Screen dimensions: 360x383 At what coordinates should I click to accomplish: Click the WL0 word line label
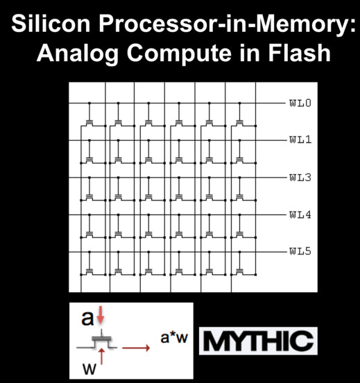pos(300,103)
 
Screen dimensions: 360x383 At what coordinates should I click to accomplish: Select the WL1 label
pos(300,139)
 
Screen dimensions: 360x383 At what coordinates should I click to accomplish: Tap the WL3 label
pos(300,178)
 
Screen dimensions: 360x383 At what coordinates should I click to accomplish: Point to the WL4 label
pos(300,215)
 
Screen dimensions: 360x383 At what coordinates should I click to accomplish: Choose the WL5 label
pos(300,251)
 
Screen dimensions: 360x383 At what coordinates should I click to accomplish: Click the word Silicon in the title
pos(51,23)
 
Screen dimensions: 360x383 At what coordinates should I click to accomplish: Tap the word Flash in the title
pos(300,52)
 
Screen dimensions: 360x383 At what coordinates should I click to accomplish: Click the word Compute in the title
pos(179,54)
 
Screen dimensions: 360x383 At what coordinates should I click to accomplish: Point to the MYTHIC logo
pos(259,341)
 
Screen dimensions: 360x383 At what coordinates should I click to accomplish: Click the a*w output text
pos(174,338)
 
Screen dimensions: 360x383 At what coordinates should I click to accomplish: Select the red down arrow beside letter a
pos(101,316)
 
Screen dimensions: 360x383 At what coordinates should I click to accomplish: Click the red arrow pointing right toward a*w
pos(136,348)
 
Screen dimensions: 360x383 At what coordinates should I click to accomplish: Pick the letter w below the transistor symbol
pos(89,369)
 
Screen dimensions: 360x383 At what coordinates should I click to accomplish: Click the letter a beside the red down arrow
pos(87,318)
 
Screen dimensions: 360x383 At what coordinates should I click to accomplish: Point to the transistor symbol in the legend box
pos(97,341)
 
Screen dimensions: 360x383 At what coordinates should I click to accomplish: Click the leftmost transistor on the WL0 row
pos(89,123)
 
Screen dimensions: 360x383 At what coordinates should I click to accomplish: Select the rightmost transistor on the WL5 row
pos(239,272)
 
